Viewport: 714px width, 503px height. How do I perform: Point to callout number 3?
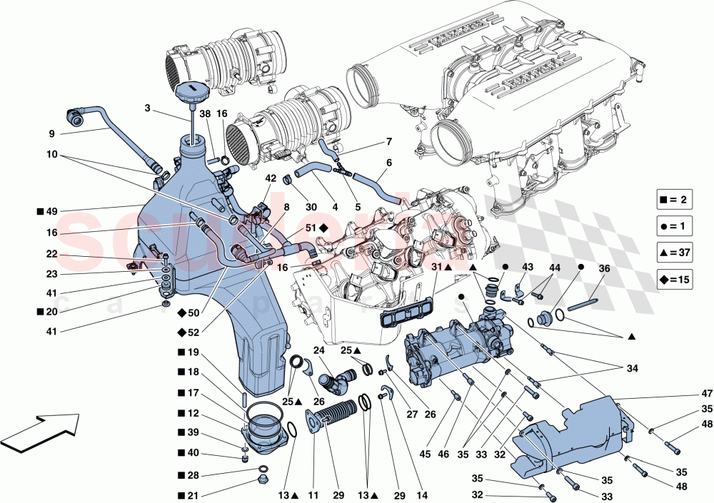147,109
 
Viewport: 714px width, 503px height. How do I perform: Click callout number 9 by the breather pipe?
51,133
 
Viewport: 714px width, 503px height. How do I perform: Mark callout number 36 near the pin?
604,269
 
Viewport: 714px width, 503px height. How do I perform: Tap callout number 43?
527,267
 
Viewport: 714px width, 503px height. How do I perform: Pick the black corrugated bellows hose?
338,415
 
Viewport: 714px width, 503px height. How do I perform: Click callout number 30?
311,207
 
